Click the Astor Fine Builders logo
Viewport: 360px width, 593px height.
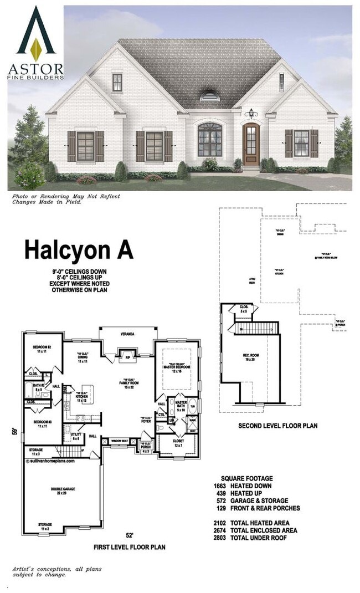(35, 42)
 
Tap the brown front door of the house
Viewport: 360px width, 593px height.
(251, 145)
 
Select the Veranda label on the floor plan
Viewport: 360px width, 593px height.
(127, 334)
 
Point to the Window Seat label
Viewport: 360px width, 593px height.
(120, 442)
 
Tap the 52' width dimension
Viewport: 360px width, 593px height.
(129, 535)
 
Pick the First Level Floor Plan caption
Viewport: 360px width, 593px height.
(129, 546)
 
